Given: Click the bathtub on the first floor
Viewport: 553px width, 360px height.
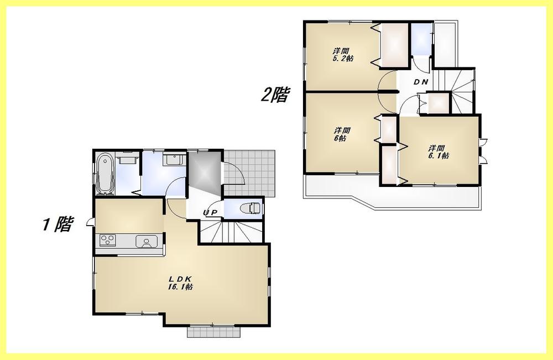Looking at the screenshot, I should (x=105, y=174).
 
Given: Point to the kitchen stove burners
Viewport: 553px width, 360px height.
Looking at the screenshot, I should (x=107, y=241).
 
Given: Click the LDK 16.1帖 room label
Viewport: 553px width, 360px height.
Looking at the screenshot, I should (x=180, y=283).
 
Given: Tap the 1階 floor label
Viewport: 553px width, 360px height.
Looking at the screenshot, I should (x=57, y=225).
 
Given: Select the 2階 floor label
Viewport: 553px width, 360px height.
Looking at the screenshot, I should (x=275, y=95).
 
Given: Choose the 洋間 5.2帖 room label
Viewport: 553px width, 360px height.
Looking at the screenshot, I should (x=343, y=54).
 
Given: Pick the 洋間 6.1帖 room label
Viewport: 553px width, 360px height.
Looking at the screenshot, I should (x=438, y=152).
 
